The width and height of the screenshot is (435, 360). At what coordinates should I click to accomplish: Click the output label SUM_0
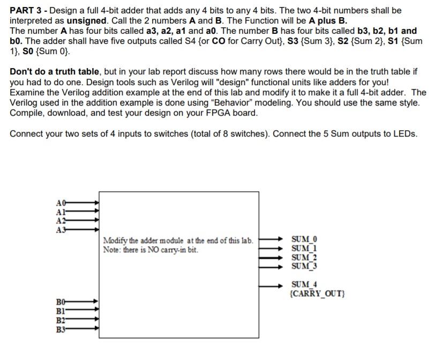[x=304, y=239]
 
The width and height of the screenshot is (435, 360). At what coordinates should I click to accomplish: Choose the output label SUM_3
[x=304, y=266]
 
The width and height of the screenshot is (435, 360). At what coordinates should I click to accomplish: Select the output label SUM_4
[x=304, y=284]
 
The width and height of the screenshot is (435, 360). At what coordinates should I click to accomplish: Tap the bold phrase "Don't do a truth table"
[x=54, y=72]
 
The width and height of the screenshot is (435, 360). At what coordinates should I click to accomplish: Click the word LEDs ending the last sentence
[x=406, y=134]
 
